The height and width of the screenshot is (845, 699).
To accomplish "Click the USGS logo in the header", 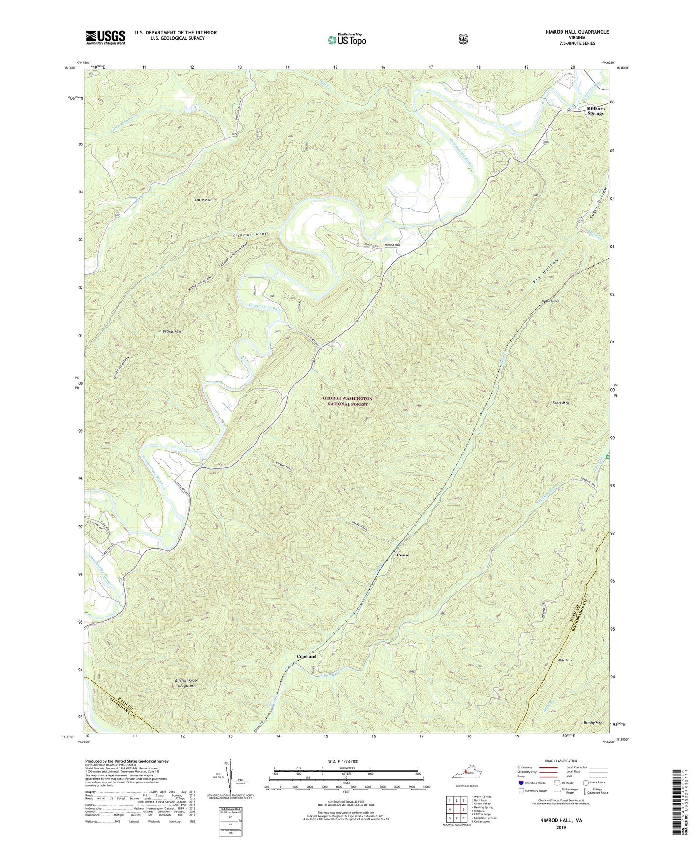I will point(105,37).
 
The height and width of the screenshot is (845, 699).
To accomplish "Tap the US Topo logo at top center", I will point(347,40).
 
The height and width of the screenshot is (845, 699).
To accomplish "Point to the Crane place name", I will point(403,556).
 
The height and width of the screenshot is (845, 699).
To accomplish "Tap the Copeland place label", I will point(307,656).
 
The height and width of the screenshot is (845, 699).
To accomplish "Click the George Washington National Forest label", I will point(347,402).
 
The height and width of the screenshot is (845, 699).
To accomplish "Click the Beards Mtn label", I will point(172,331).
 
